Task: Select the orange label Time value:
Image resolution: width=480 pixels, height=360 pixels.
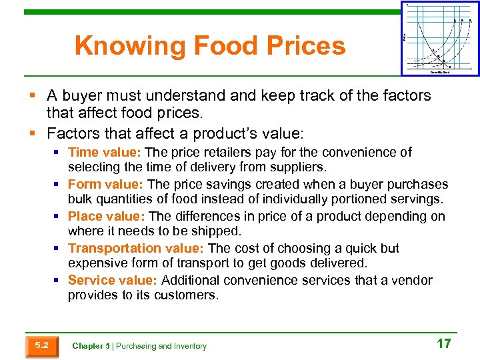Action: [105, 153]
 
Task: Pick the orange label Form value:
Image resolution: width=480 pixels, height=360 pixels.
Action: [106, 185]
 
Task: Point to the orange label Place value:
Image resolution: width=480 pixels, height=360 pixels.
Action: [107, 217]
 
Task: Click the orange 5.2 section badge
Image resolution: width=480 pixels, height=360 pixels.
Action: [41, 345]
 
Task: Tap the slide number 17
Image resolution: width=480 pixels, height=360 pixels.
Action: [443, 344]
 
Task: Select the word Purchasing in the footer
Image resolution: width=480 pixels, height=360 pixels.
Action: [137, 346]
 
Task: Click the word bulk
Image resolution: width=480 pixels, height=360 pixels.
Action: [81, 200]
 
